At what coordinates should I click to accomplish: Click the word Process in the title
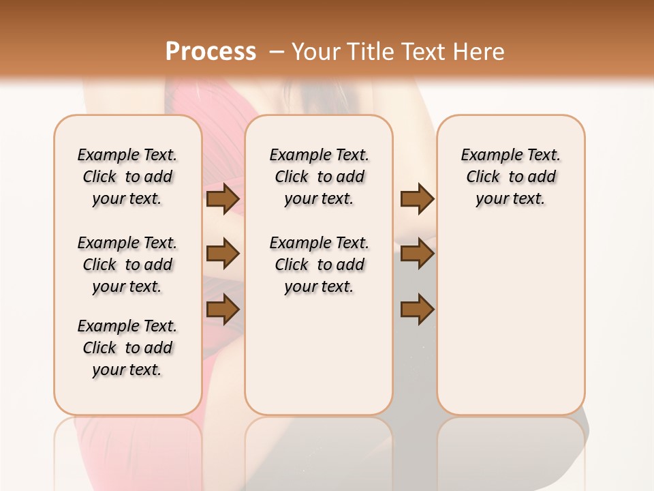point(211,52)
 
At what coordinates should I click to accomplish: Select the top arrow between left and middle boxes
point(223,198)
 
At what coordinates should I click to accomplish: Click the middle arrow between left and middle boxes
point(223,254)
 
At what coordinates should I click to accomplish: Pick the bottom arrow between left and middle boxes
point(223,309)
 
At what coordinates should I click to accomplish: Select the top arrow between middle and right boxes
point(417,198)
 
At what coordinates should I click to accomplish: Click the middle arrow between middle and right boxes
point(417,254)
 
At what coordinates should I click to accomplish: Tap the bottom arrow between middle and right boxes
point(417,309)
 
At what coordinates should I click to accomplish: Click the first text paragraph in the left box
point(127,177)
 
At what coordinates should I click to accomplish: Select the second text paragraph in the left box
point(127,265)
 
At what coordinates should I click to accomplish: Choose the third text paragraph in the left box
point(127,348)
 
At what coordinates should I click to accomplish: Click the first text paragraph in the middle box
point(319,177)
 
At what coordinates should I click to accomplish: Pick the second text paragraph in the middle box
point(319,265)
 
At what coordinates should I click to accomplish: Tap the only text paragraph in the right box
point(510,177)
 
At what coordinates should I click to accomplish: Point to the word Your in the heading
point(316,52)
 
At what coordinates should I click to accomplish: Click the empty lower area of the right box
point(510,321)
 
